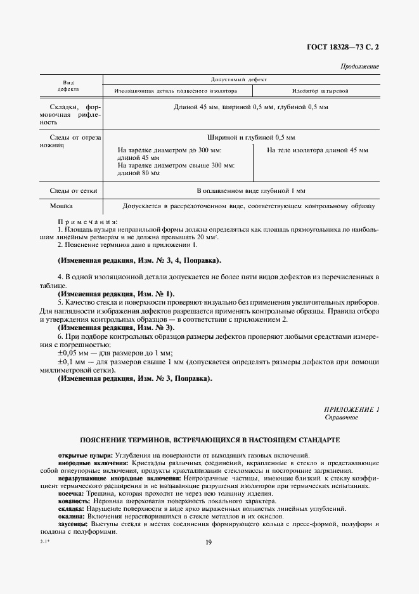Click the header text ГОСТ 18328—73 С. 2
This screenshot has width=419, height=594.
click(x=344, y=48)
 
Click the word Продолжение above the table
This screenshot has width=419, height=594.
click(x=359, y=66)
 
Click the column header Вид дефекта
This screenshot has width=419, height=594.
click(x=68, y=86)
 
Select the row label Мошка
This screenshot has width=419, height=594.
click(x=61, y=206)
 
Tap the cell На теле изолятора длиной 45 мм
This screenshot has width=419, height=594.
click(x=317, y=150)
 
